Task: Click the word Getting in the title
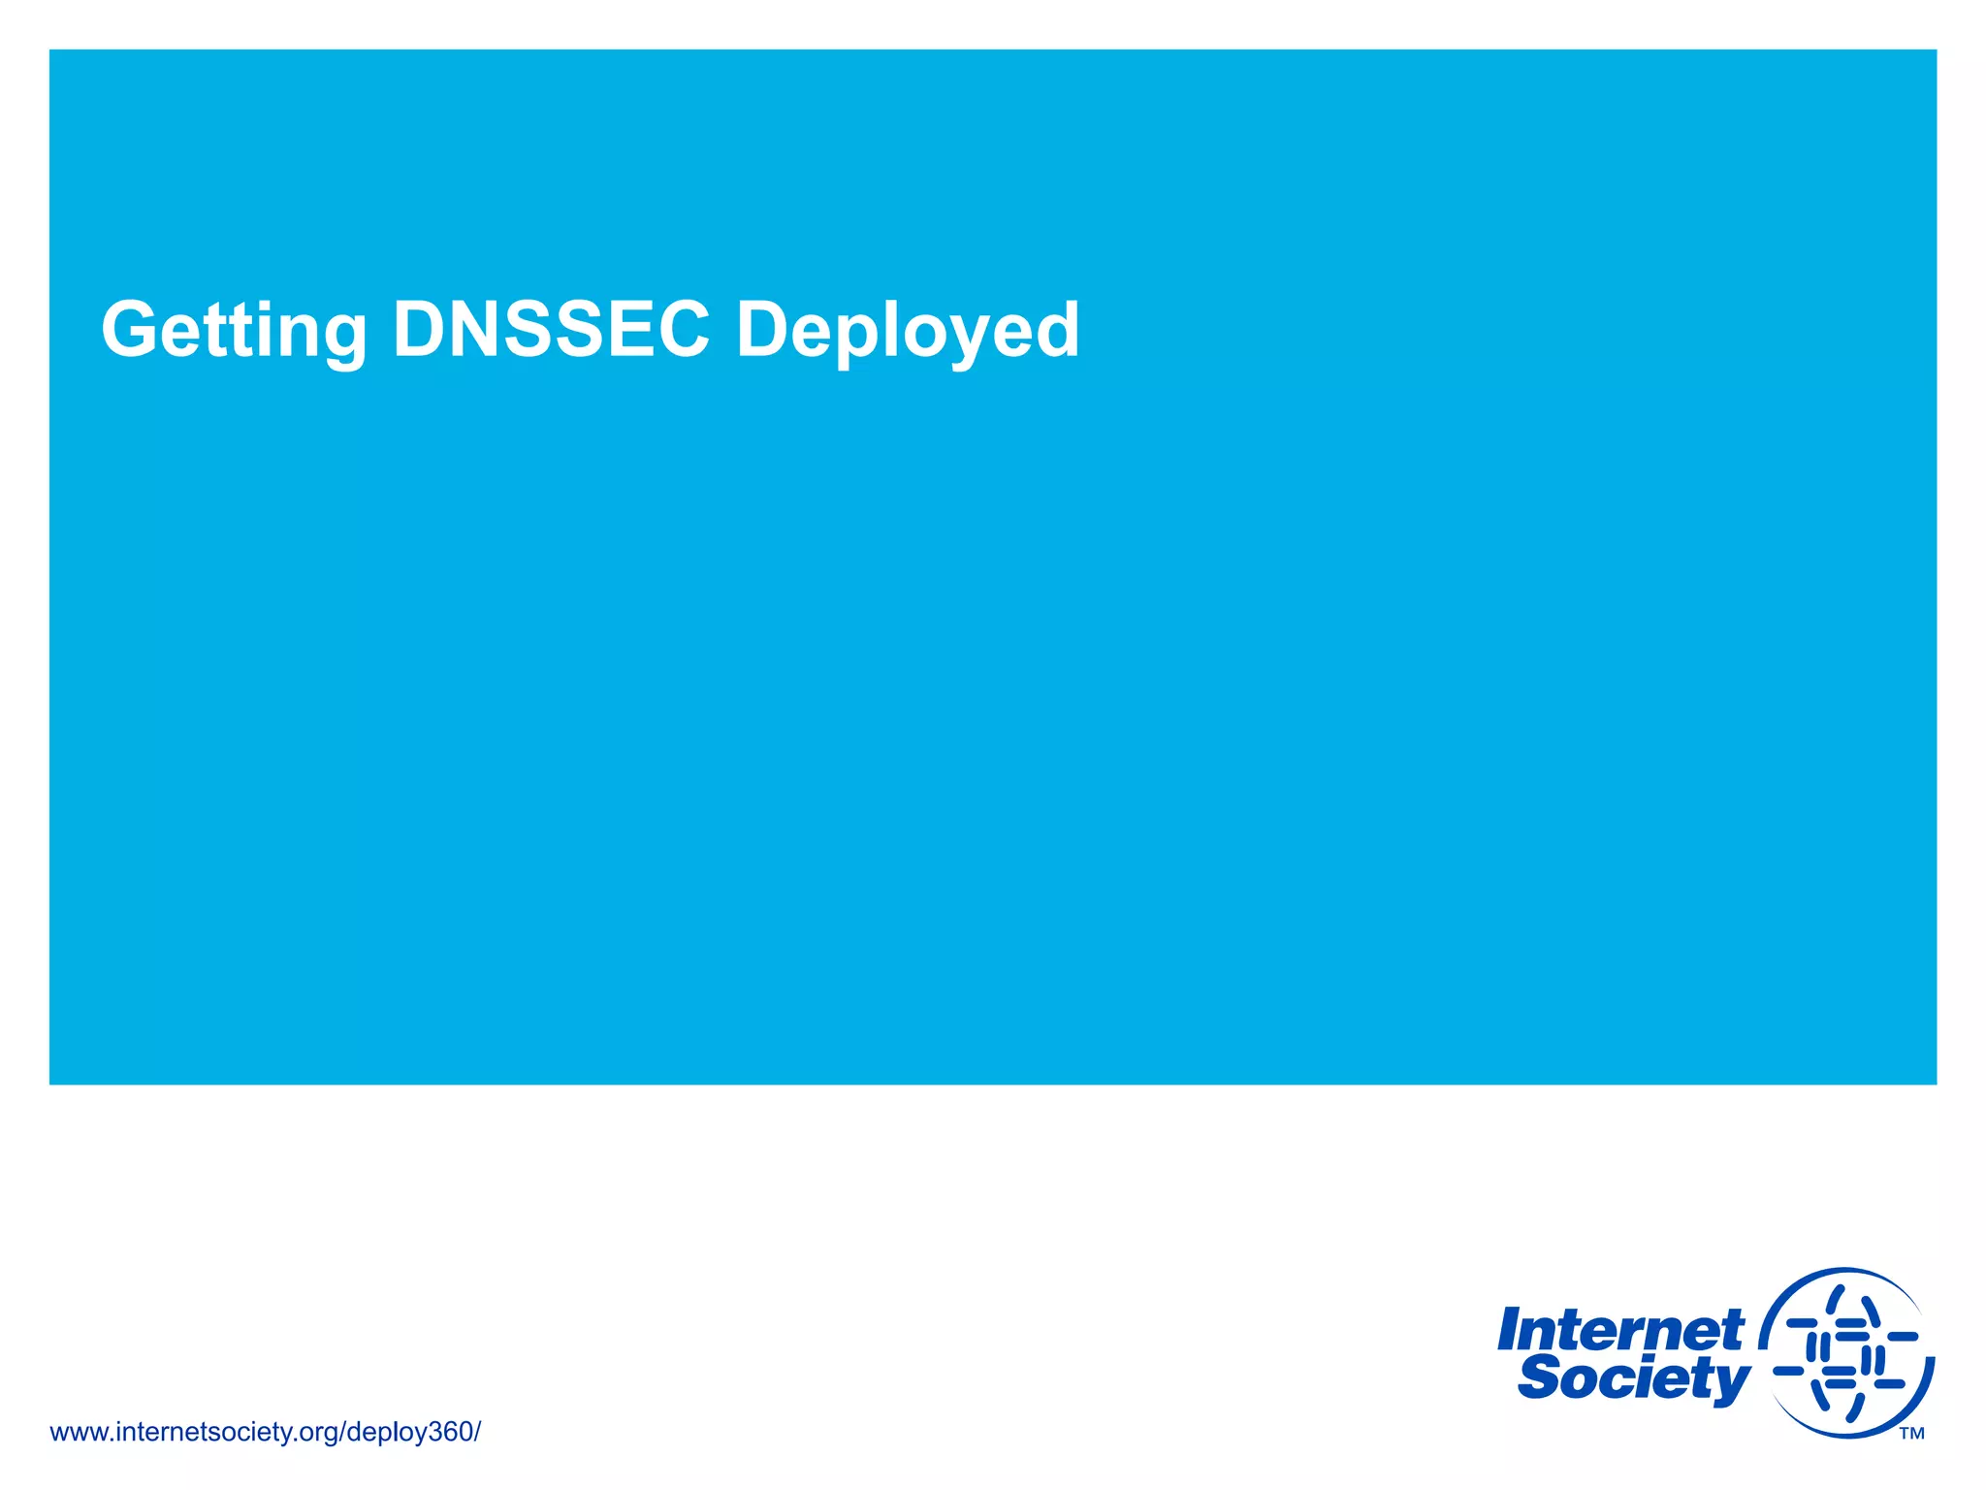tap(234, 331)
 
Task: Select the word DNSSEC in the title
tap(551, 330)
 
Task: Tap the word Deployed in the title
tap(908, 331)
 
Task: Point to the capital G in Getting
tap(134, 330)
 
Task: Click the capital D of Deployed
tap(762, 330)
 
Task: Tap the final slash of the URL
tap(477, 1432)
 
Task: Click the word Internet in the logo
tap(1620, 1331)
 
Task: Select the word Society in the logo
tap(1633, 1378)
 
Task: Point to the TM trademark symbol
tap(1911, 1434)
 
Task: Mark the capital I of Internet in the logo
tap(1510, 1330)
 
